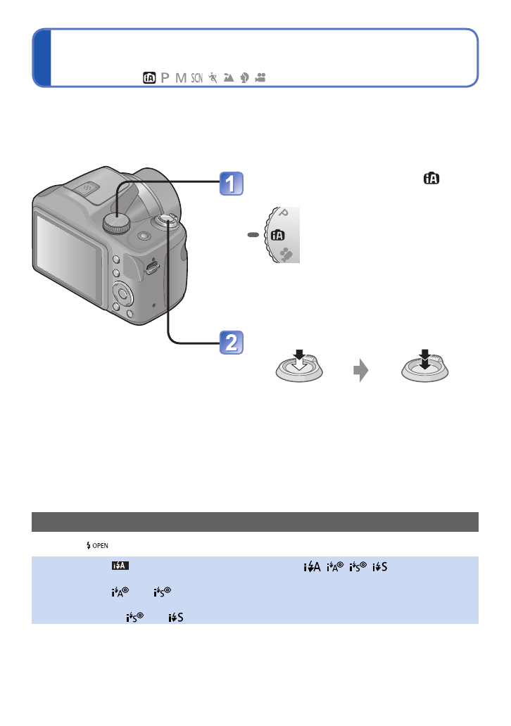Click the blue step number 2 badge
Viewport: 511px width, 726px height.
tap(230, 343)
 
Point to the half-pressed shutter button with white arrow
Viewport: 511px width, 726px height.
tap(298, 367)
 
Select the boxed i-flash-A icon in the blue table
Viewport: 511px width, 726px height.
tap(118, 563)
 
